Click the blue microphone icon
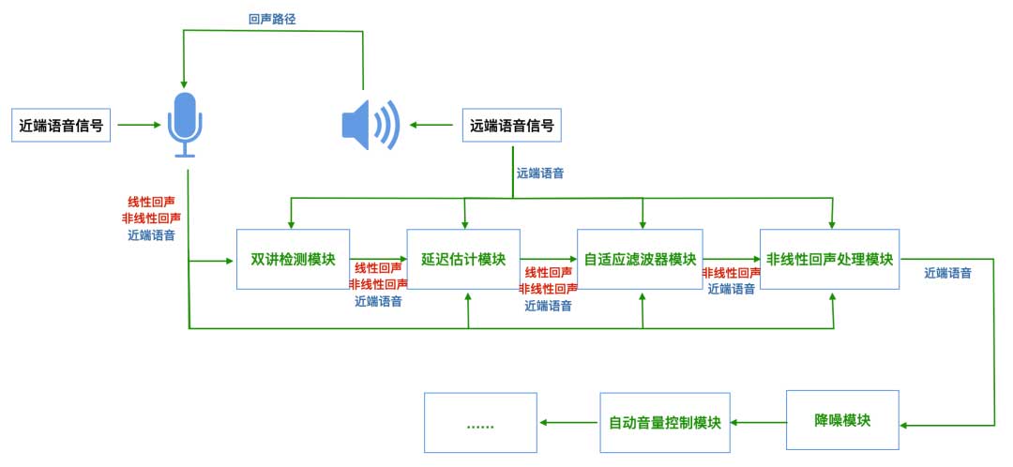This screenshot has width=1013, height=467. click(185, 123)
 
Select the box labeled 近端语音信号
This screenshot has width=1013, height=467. click(61, 125)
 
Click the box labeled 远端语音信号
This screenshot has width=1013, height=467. click(511, 125)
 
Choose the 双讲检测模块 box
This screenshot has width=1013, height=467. click(293, 259)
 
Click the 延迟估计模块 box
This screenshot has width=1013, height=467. click(463, 259)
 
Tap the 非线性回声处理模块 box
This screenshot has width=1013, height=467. click(829, 259)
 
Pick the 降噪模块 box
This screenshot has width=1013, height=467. click(842, 420)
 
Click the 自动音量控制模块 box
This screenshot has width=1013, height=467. click(664, 422)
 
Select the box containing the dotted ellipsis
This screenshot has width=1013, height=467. click(480, 423)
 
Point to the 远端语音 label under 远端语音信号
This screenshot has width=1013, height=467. click(540, 173)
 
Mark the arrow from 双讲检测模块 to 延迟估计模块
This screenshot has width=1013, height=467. click(378, 260)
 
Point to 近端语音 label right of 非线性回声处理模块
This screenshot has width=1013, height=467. click(947, 273)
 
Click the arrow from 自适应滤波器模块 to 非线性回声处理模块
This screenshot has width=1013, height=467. click(731, 260)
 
